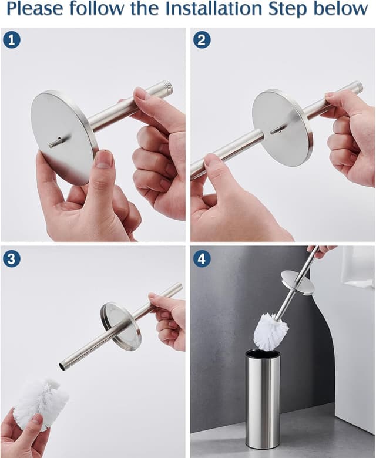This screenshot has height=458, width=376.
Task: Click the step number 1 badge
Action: point(11,40)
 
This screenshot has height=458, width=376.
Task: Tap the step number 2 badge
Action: point(202,40)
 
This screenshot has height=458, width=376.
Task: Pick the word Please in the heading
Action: point(36,9)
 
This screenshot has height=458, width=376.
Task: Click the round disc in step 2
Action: point(282,127)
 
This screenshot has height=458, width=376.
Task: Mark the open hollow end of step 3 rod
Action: point(62,366)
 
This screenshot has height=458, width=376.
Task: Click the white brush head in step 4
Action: point(270,331)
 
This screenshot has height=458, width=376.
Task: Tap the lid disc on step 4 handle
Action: point(297,282)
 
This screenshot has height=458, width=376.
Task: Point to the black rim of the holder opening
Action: point(262,354)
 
